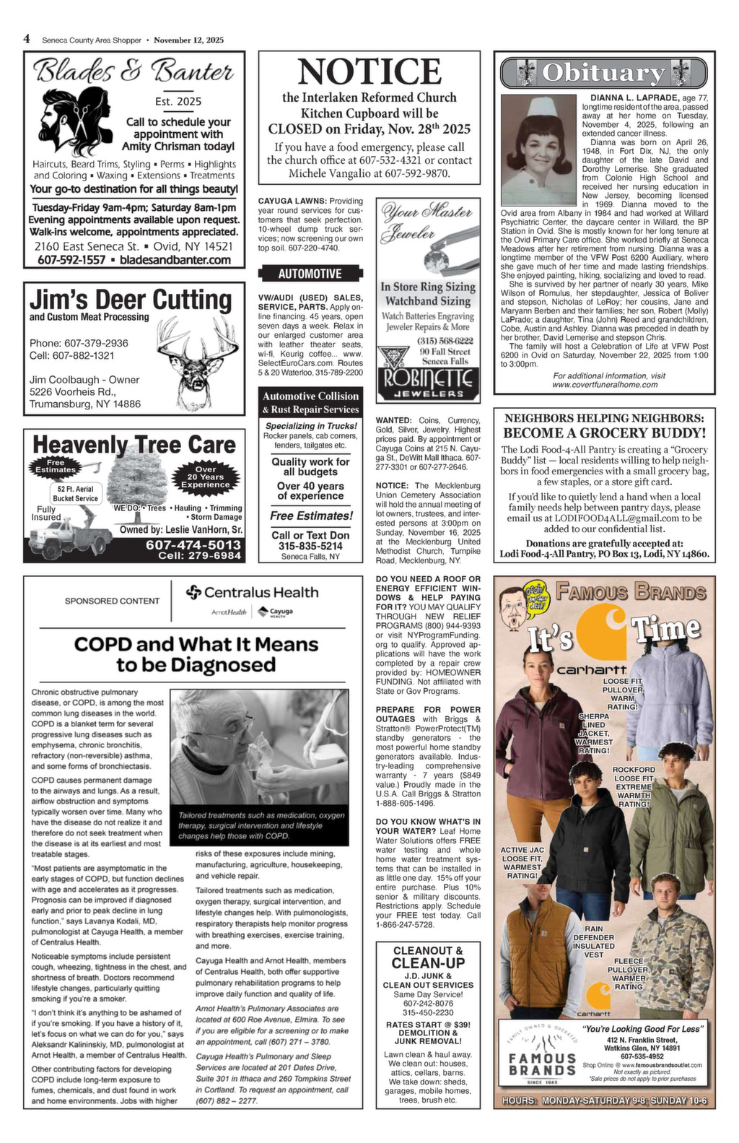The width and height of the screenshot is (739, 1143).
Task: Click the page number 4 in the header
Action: (x=27, y=39)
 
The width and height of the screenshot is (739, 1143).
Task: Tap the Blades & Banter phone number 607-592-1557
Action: (x=71, y=259)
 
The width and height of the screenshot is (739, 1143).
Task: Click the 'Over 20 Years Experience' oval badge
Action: (x=206, y=477)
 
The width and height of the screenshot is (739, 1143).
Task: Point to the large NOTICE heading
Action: (x=369, y=72)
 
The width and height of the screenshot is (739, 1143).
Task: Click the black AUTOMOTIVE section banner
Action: (x=310, y=274)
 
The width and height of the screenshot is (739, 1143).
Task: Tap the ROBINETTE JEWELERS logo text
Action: (x=428, y=381)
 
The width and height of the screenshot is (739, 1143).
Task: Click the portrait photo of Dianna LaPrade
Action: (x=535, y=151)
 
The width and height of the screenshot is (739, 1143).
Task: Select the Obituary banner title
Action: (x=603, y=72)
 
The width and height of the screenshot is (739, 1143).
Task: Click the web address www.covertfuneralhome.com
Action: (x=605, y=385)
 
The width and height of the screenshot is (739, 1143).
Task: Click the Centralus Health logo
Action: (x=252, y=593)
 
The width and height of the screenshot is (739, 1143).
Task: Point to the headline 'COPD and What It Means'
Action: (x=196, y=643)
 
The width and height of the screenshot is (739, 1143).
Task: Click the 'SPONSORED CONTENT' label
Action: (x=112, y=601)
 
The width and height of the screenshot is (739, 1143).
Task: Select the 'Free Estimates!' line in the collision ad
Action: (x=311, y=516)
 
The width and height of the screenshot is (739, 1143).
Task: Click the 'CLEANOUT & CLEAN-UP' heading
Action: (x=428, y=957)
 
